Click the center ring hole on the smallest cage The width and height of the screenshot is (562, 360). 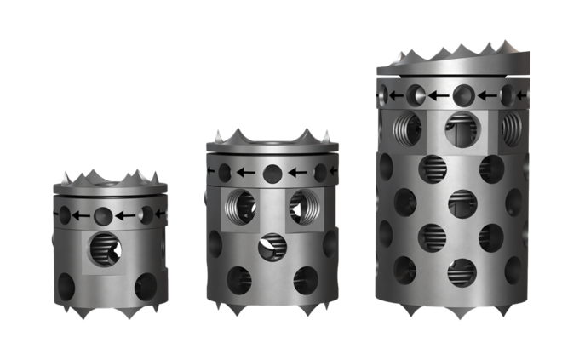click(103, 213)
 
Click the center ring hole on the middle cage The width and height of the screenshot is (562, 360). click(272, 173)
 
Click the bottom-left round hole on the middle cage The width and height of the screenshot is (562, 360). click(239, 278)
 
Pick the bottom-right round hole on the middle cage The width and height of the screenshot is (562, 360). click(304, 278)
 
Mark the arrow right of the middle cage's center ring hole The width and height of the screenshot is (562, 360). click(299, 173)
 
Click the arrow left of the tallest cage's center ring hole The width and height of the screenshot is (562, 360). click(439, 94)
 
